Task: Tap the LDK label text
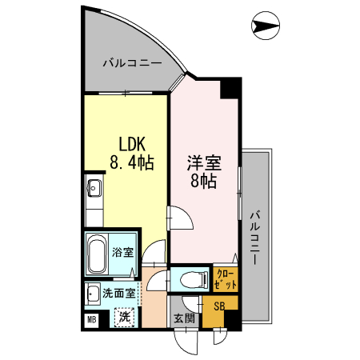(130, 145)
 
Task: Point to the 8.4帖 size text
(130, 162)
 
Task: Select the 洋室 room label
(204, 161)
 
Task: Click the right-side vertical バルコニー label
(255, 237)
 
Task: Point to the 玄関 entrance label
(183, 318)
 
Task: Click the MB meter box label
(92, 321)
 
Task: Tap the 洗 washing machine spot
(125, 317)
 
